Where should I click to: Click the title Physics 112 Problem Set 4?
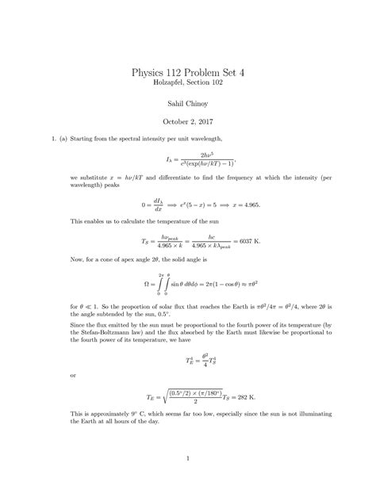tap(188, 71)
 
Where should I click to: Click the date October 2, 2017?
tap(188, 122)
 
